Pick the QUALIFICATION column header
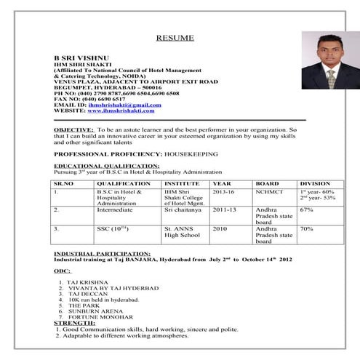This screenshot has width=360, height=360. tap(124, 184)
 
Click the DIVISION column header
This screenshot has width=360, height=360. tap(316, 184)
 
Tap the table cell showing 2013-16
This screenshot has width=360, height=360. tap(224, 192)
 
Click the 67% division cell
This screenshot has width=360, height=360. tap(306, 210)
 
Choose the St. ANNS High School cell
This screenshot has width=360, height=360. tap(182, 232)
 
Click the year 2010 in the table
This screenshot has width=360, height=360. tap(220, 229)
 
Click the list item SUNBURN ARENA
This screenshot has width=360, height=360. tap(93, 311)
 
